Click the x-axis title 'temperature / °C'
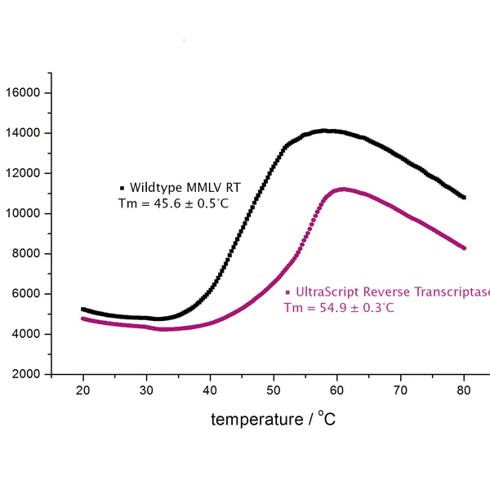click(x=273, y=419)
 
